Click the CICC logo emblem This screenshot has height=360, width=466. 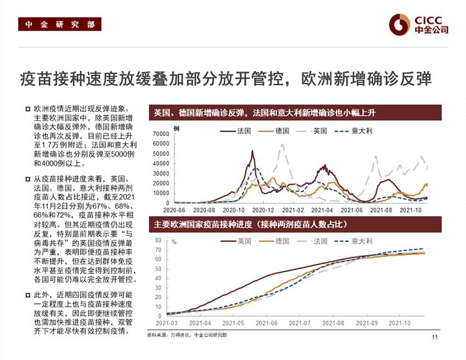(400, 25)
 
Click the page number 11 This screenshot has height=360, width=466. (435, 337)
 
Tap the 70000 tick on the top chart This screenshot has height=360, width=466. (161, 134)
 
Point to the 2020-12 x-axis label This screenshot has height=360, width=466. (264, 210)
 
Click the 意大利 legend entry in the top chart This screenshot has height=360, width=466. (362, 131)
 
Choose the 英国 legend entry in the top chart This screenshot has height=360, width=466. (320, 131)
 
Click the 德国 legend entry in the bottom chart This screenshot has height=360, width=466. (282, 241)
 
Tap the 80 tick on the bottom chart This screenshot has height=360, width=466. (158, 240)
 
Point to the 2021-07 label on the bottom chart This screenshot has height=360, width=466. (299, 323)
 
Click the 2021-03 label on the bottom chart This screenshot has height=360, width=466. (166, 323)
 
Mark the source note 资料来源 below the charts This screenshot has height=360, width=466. (187, 335)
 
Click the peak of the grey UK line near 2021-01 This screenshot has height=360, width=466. (282, 145)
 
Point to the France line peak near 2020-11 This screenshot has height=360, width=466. (253, 151)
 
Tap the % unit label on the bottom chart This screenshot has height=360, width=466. (174, 241)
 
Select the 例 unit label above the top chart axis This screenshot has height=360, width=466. (176, 128)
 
